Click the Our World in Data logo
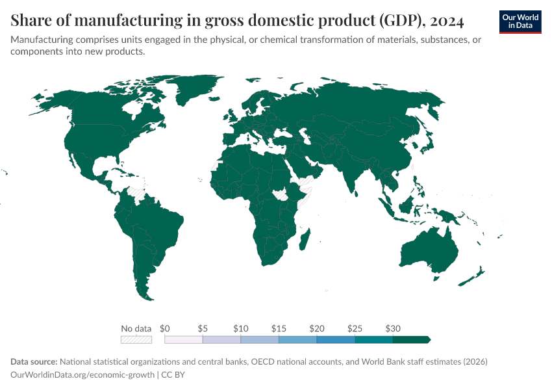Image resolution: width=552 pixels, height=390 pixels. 520,21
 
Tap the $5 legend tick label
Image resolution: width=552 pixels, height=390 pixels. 203,328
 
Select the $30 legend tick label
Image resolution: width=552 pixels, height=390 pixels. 392,328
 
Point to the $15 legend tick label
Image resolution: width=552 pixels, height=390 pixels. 279,328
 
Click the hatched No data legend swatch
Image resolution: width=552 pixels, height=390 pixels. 136,339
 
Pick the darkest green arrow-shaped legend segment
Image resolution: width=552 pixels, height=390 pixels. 411,339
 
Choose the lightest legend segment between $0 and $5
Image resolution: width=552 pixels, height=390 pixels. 184,339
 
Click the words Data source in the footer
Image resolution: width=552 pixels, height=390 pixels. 34,361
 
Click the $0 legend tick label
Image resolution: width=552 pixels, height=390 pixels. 165,328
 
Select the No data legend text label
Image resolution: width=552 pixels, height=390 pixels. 136,328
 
